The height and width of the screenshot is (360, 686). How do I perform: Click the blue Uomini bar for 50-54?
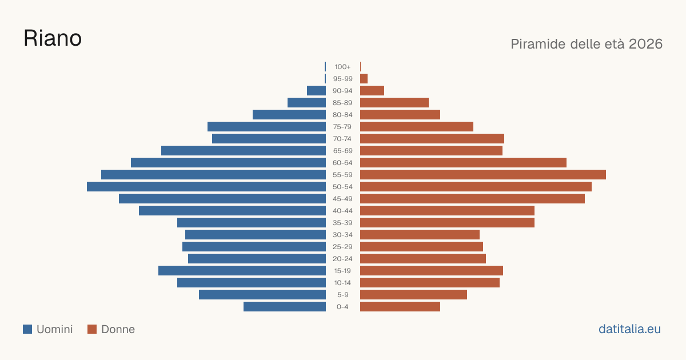(x=206, y=187)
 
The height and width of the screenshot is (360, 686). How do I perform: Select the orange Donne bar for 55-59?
(x=483, y=175)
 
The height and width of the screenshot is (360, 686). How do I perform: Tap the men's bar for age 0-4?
(x=285, y=307)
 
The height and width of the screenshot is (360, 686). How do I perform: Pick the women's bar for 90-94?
(x=372, y=91)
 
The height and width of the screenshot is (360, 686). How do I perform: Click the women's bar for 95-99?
(x=364, y=79)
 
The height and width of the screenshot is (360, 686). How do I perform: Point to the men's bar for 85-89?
(x=306, y=102)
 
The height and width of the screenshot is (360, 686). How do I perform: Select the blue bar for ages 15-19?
(x=242, y=271)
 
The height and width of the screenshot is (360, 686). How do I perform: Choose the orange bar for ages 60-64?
(x=464, y=162)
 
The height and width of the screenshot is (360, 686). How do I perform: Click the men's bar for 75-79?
(x=267, y=127)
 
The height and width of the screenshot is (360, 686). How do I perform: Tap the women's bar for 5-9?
(x=413, y=295)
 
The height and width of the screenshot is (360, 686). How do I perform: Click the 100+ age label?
(x=342, y=67)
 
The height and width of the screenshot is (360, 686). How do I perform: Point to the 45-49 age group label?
(x=342, y=199)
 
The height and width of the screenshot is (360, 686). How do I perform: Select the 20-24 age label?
(x=342, y=259)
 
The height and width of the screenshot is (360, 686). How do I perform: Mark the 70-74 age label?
(x=342, y=139)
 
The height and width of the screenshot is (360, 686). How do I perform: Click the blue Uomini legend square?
(x=27, y=329)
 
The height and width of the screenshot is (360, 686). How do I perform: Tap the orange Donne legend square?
(x=92, y=329)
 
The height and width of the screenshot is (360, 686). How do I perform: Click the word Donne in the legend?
(x=118, y=329)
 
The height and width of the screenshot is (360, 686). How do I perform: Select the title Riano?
(x=53, y=38)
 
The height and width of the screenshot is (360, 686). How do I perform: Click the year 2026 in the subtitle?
(x=645, y=44)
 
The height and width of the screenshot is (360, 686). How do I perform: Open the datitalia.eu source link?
(x=629, y=329)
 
